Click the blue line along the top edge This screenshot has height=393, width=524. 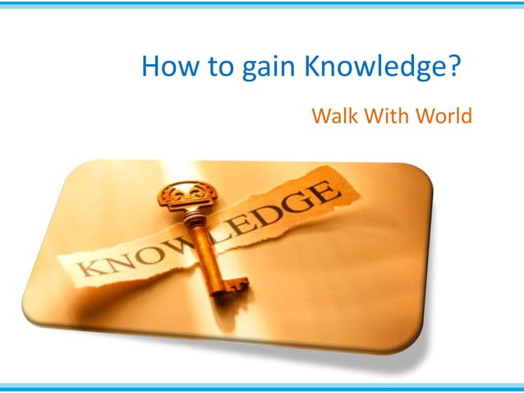(262, 4)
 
